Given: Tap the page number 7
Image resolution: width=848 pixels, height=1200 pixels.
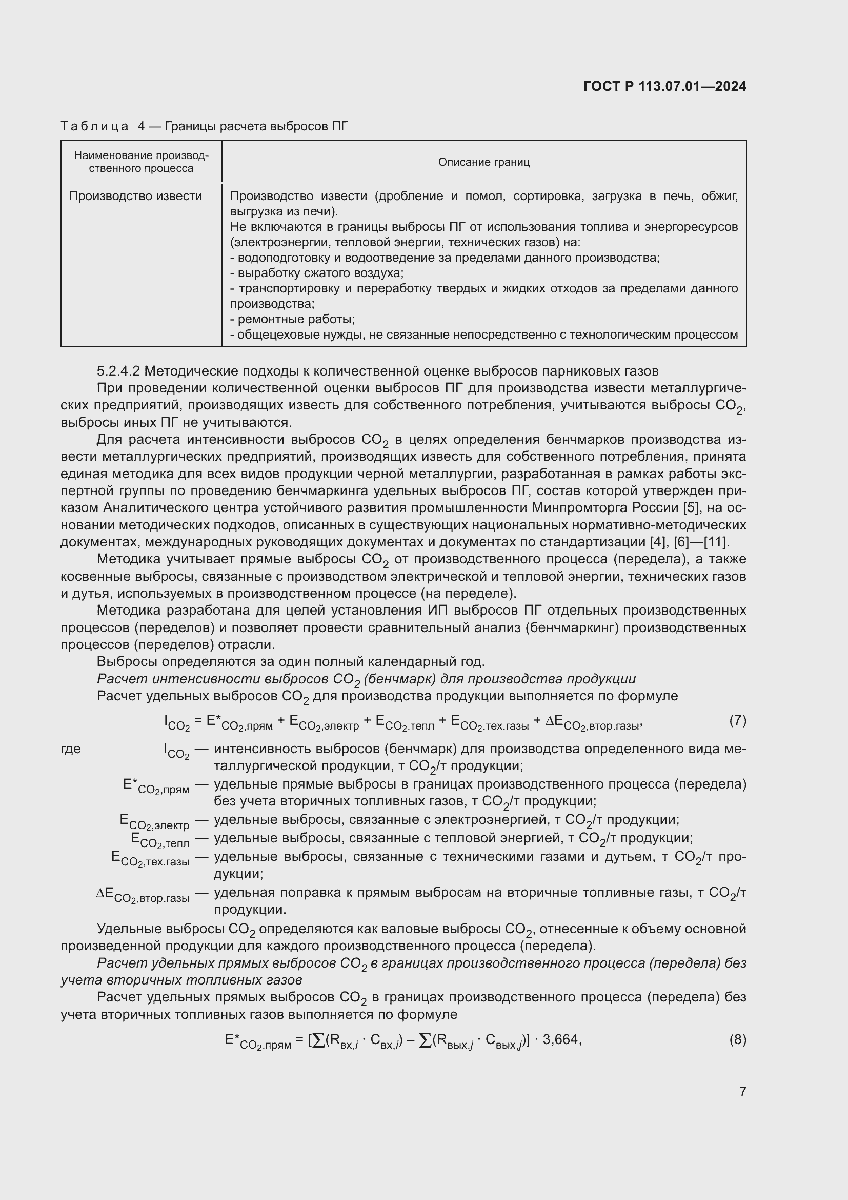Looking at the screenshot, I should click(742, 1091).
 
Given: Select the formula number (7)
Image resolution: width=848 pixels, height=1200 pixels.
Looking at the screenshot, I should click(737, 721).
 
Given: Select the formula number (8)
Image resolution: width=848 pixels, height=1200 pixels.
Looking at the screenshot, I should click(737, 1039).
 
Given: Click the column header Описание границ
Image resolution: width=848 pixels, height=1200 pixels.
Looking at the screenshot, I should click(483, 162).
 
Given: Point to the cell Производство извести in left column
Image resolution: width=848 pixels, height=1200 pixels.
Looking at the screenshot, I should click(135, 196).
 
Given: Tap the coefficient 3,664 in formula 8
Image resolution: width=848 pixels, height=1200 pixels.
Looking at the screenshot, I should click(561, 1039).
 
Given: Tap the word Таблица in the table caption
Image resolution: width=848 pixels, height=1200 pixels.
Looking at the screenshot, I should click(94, 126).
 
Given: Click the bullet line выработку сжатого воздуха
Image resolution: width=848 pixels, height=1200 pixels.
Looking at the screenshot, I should click(317, 273).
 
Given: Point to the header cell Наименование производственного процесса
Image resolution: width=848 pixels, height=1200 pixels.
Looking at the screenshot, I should click(141, 162).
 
